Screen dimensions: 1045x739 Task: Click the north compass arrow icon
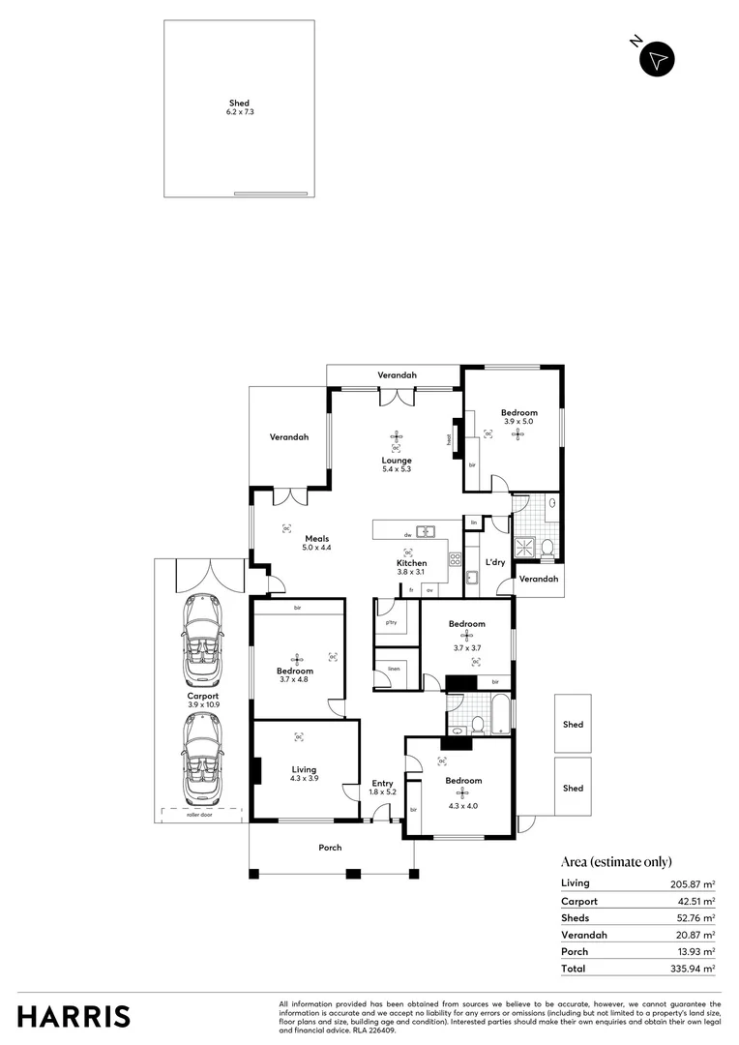pyautogui.click(x=658, y=59)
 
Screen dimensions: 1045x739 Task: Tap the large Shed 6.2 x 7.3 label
pyautogui.click(x=239, y=107)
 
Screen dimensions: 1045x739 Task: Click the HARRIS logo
pyautogui.click(x=74, y=1016)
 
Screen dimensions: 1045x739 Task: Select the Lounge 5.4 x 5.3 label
pyautogui.click(x=397, y=464)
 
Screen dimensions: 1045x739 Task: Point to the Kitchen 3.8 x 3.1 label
pyautogui.click(x=411, y=567)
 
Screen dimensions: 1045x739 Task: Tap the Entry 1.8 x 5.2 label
pyautogui.click(x=383, y=788)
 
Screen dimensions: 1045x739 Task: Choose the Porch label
pyautogui.click(x=331, y=848)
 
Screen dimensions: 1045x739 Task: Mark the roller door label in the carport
pyautogui.click(x=199, y=816)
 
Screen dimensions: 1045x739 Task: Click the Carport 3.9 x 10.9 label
pyautogui.click(x=203, y=700)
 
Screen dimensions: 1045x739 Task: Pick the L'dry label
pyautogui.click(x=495, y=562)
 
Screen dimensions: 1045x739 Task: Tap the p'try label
pyautogui.click(x=391, y=622)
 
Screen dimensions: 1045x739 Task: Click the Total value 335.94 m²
pyautogui.click(x=695, y=969)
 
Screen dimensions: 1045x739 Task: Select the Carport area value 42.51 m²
pyautogui.click(x=695, y=901)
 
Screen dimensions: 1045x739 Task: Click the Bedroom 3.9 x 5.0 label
pyautogui.click(x=518, y=417)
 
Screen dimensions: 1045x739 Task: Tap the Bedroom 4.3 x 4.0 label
pyautogui.click(x=463, y=786)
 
